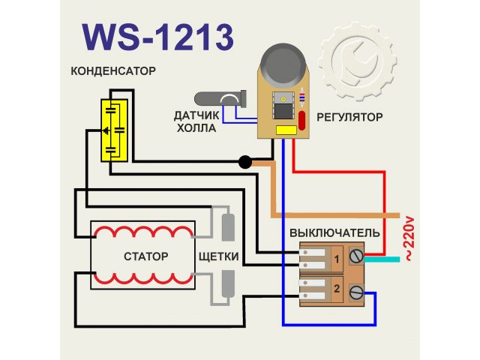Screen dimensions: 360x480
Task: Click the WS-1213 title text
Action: [157, 36]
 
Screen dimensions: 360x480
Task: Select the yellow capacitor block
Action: [114, 130]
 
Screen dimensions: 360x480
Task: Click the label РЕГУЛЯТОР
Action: [349, 118]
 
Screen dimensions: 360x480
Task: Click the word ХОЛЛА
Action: [196, 129]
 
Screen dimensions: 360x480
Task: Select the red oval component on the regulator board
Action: [302, 121]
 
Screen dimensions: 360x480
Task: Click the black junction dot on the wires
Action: [244, 162]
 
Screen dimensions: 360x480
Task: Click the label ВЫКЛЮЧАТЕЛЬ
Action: [334, 233]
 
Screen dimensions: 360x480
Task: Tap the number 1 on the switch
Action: [337, 259]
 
